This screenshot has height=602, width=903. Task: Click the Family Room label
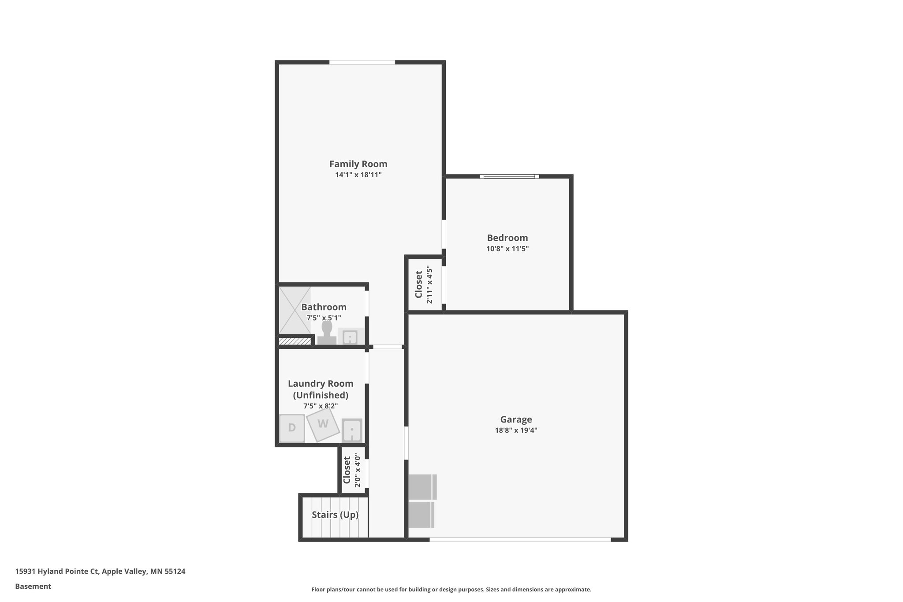pyautogui.click(x=358, y=164)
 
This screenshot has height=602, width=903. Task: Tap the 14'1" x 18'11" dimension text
pyautogui.click(x=358, y=175)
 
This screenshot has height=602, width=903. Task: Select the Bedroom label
pyautogui.click(x=507, y=238)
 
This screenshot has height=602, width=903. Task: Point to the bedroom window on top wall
pyautogui.click(x=509, y=177)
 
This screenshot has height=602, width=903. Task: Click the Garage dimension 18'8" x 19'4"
pyautogui.click(x=516, y=430)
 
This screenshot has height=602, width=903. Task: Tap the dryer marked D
pyautogui.click(x=292, y=428)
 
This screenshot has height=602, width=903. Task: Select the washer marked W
pyautogui.click(x=323, y=424)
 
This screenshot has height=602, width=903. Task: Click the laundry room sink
pyautogui.click(x=352, y=430)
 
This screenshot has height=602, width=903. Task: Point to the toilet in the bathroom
pyautogui.click(x=327, y=333)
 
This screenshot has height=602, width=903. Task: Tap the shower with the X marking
pyautogui.click(x=295, y=310)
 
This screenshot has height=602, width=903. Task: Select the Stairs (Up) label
pyautogui.click(x=335, y=515)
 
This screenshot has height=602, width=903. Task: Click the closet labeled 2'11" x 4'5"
pyautogui.click(x=424, y=284)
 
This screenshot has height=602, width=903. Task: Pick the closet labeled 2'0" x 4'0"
pyautogui.click(x=352, y=471)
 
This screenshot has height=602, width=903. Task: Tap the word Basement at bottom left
pyautogui.click(x=33, y=586)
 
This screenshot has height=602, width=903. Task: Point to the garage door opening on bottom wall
pyautogui.click(x=520, y=539)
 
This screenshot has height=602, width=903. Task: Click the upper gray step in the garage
pyautogui.click(x=422, y=486)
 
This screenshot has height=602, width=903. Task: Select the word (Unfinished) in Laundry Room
pyautogui.click(x=321, y=395)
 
